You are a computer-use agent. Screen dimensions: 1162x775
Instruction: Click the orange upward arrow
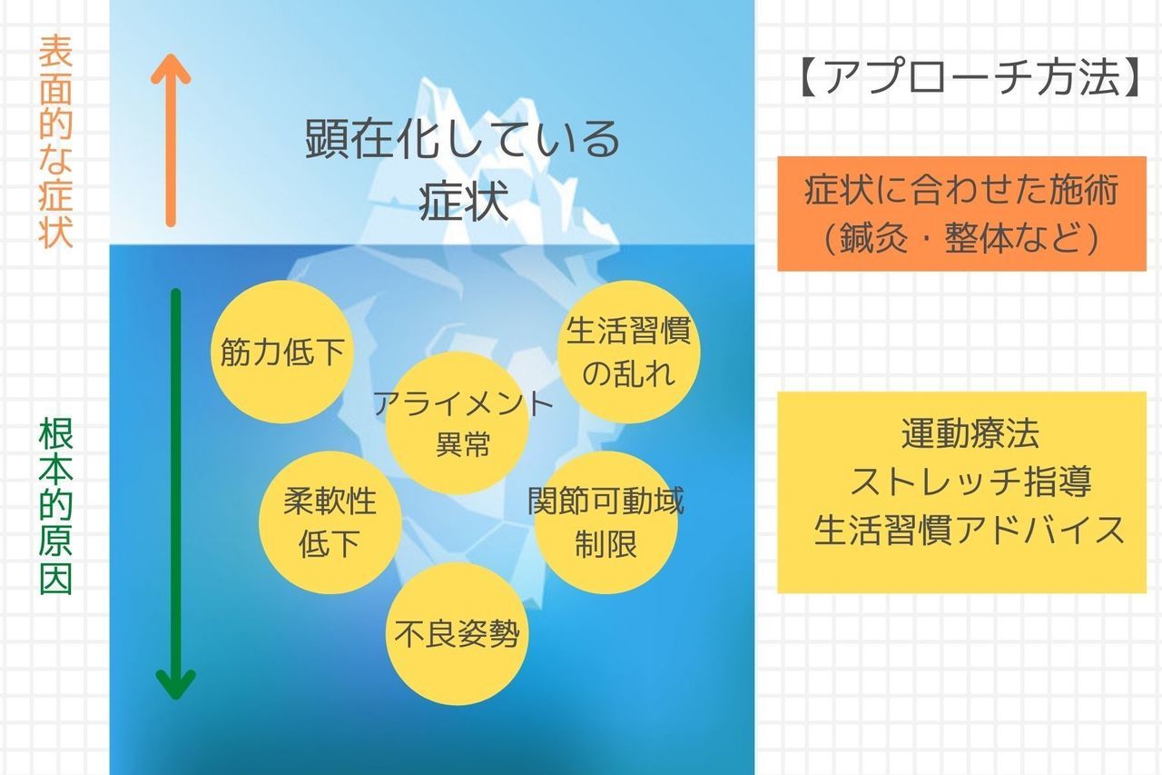(171, 140)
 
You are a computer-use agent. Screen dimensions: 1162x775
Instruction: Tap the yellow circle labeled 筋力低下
(282, 352)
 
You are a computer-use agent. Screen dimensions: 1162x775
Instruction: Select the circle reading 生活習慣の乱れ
(629, 352)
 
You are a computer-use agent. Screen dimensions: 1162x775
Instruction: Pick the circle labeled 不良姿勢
(457, 633)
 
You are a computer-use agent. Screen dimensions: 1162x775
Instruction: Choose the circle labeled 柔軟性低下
(330, 522)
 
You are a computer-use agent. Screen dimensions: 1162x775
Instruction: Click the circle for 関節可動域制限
(606, 522)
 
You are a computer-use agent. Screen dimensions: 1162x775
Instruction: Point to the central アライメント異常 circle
(457, 422)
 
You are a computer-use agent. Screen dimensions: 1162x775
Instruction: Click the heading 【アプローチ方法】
(969, 77)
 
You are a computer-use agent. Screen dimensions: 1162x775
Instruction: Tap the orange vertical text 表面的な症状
(55, 141)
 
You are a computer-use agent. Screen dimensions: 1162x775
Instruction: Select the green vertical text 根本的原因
(55, 507)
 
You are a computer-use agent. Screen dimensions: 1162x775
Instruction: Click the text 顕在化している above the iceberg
(462, 139)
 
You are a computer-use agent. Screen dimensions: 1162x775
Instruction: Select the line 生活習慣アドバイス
(969, 530)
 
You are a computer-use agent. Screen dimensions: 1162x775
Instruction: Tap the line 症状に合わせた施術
(961, 190)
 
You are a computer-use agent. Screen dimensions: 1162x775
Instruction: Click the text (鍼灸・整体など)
(961, 238)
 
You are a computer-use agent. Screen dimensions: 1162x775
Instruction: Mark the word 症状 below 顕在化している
(463, 202)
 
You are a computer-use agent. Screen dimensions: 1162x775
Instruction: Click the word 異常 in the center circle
(463, 444)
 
